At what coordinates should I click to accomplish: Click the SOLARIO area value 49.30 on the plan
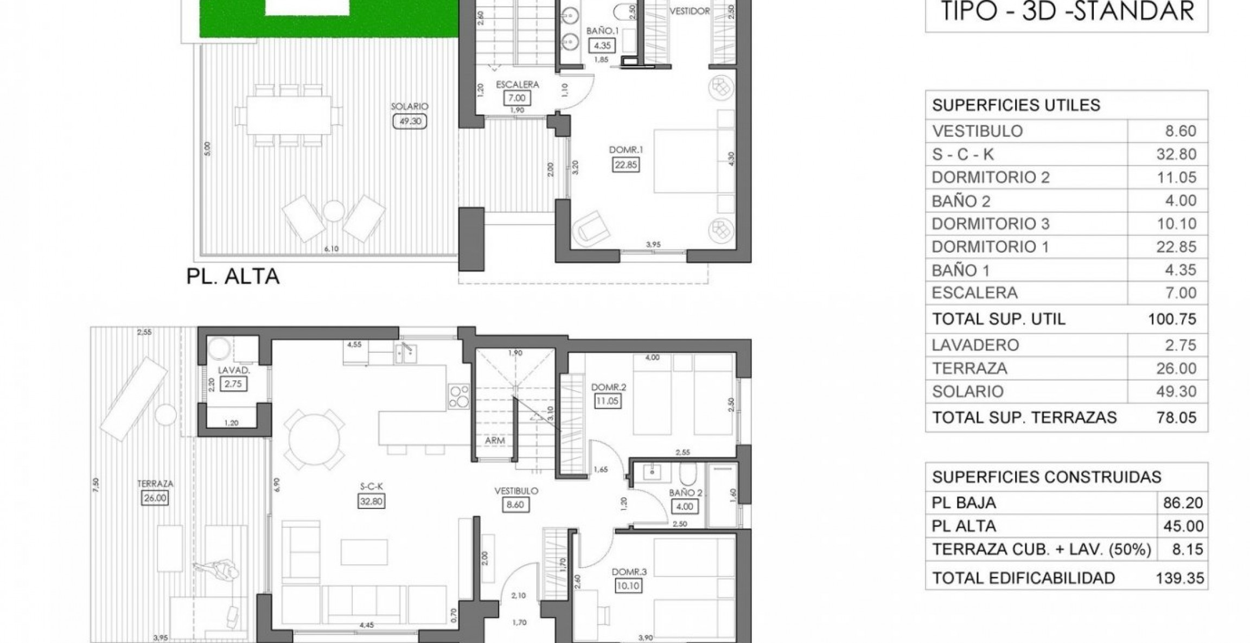410,121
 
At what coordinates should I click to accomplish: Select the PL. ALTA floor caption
233,277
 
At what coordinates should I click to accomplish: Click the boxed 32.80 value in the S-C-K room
371,501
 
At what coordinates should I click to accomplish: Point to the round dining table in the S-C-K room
314,440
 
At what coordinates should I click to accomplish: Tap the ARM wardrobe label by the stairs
495,441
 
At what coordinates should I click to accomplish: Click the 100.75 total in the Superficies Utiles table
1172,319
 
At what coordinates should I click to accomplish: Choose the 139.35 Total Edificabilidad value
1179,578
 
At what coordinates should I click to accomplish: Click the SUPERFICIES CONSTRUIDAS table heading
1047,477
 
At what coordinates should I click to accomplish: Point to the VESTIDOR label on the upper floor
690,11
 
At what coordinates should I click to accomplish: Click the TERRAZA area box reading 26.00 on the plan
155,498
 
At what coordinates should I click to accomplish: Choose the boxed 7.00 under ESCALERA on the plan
517,98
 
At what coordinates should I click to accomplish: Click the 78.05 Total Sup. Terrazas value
1176,417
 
